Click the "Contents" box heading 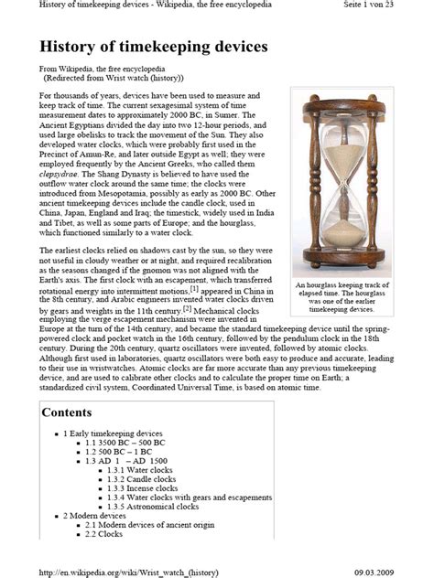click(x=67, y=412)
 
